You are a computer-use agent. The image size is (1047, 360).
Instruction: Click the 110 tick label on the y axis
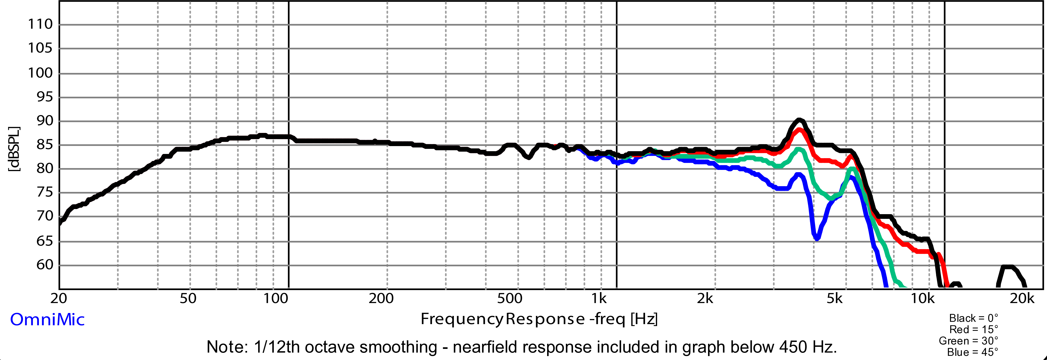coord(40,24)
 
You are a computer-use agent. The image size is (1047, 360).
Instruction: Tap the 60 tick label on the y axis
coord(45,265)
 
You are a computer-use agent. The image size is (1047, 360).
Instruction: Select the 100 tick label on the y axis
coord(40,73)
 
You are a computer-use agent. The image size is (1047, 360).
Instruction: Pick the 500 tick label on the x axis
coord(510,299)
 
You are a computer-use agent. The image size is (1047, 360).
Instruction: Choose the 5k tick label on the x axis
coord(834,299)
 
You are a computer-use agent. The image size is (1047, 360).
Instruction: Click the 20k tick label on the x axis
coord(1022,299)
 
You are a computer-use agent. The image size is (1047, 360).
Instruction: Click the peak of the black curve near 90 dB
coord(799,120)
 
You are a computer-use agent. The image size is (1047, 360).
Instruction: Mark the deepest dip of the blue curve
coord(817,238)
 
